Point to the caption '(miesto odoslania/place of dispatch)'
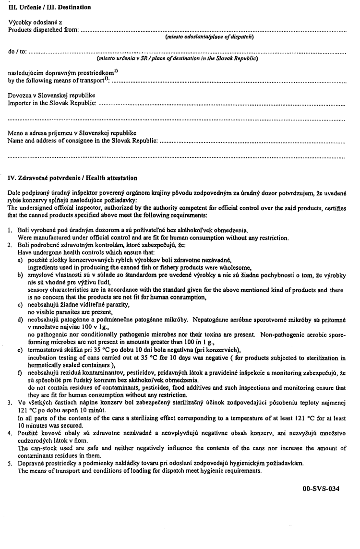209,37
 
